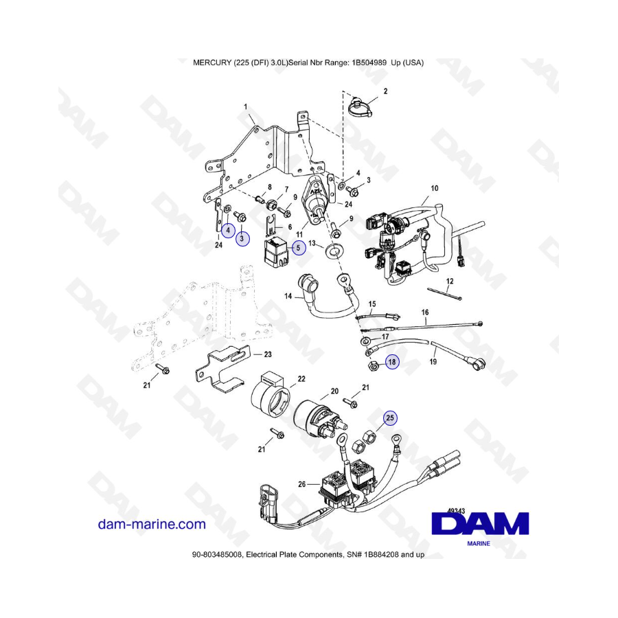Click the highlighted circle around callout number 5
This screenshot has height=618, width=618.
coord(298,249)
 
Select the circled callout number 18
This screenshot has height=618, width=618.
coord(391,362)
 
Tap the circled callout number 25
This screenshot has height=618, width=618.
coord(389,417)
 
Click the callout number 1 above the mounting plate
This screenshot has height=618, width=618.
coord(245,107)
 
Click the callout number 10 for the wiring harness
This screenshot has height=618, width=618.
coord(433,188)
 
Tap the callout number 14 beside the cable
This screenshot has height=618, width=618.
coord(289,297)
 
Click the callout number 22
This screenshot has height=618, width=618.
coord(301,378)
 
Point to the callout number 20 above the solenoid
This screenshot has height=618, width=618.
coord(334,391)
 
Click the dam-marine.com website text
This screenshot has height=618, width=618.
coord(152,525)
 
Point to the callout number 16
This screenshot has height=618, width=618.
coord(424,312)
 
